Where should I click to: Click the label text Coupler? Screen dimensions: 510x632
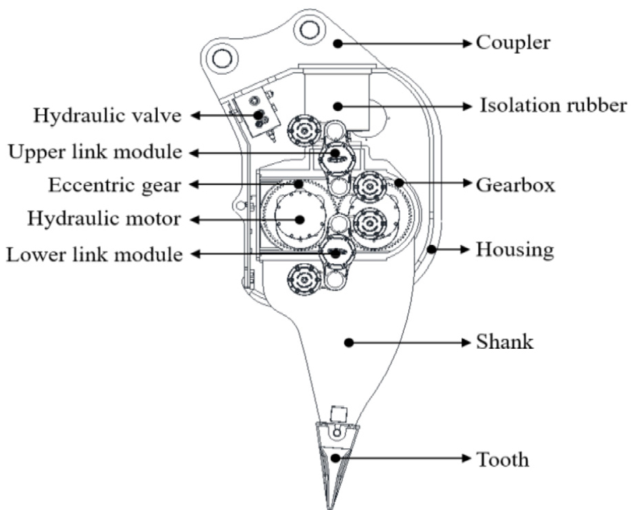pyautogui.click(x=512, y=43)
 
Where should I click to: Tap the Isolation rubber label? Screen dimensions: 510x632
pyautogui.click(x=553, y=106)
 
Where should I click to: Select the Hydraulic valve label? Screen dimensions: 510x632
pyautogui.click(x=107, y=116)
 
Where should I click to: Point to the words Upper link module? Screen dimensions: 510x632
pyautogui.click(x=95, y=152)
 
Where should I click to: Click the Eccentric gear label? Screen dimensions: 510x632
pyautogui.click(x=115, y=185)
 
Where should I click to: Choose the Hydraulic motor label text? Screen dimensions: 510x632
pyautogui.click(x=104, y=219)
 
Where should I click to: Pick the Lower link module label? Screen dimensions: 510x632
pyautogui.click(x=94, y=255)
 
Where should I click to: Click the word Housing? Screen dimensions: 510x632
pyautogui.click(x=514, y=250)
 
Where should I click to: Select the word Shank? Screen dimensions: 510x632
pyautogui.click(x=504, y=341)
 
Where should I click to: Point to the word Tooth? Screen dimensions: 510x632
pyautogui.click(x=502, y=459)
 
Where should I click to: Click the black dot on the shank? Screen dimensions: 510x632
pyautogui.click(x=348, y=343)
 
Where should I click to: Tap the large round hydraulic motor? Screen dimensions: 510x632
pyautogui.click(x=299, y=218)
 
